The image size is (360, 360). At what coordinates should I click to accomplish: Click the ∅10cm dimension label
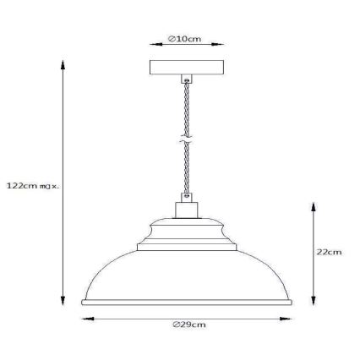[184, 39]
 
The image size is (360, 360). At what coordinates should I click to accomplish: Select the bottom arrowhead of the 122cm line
[62, 303]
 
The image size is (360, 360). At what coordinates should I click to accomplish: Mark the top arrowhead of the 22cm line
[314, 204]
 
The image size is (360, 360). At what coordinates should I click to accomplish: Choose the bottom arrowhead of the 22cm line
[314, 303]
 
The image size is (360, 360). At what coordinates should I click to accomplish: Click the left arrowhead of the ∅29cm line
[83, 318]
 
